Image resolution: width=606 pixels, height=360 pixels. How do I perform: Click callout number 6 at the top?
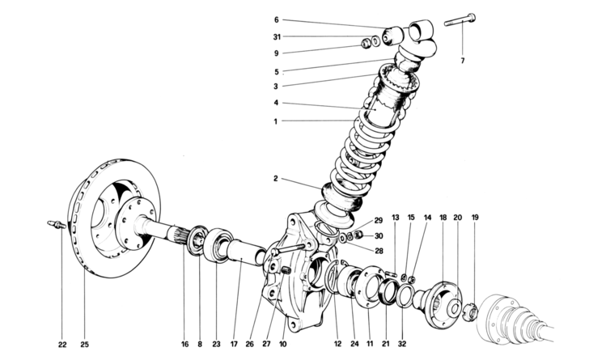pyautogui.click(x=275, y=19)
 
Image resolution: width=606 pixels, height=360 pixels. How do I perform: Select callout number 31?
pyautogui.click(x=275, y=36)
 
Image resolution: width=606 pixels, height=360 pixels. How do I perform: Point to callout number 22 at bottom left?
pyautogui.click(x=62, y=344)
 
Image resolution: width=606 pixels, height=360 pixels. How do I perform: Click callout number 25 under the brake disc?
pyautogui.click(x=84, y=344)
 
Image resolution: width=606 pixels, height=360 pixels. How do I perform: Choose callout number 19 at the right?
pyautogui.click(x=475, y=218)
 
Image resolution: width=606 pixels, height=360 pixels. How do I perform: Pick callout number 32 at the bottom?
pyautogui.click(x=402, y=344)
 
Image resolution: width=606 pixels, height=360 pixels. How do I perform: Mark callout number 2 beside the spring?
pyautogui.click(x=275, y=180)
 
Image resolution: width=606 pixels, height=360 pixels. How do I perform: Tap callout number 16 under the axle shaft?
pyautogui.click(x=184, y=344)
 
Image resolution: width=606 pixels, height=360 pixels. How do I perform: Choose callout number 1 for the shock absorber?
pyautogui.click(x=275, y=121)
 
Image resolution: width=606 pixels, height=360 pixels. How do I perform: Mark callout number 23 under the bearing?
pyautogui.click(x=217, y=344)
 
